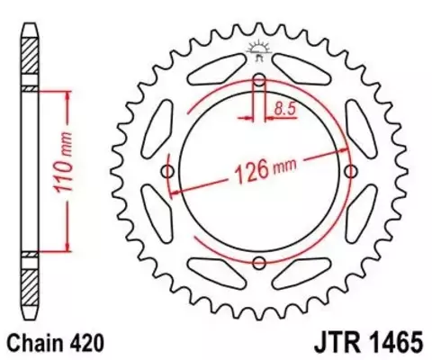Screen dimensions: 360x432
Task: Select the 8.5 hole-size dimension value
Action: tap(284, 110)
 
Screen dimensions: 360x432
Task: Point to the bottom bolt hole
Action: tap(259, 262)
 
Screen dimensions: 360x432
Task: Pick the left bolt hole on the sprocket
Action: tap(168, 171)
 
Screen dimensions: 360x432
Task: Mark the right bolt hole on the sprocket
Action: tap(351, 171)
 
